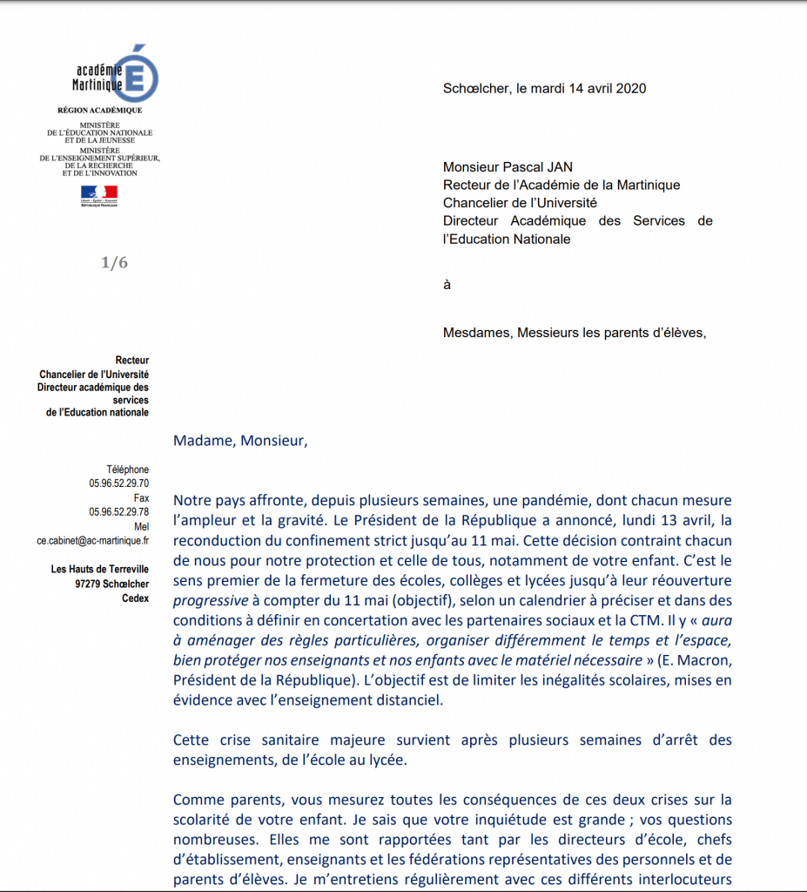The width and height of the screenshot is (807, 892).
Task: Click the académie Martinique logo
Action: (x=114, y=75)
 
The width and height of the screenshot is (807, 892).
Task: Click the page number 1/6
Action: (x=114, y=263)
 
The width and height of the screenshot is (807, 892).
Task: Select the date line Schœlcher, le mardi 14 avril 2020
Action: (x=544, y=88)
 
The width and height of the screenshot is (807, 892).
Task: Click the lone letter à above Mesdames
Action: (x=447, y=285)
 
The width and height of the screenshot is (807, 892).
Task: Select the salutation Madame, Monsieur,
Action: (x=240, y=440)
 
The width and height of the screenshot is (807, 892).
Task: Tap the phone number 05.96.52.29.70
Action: (x=118, y=483)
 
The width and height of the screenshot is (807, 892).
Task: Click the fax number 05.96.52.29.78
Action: (x=118, y=512)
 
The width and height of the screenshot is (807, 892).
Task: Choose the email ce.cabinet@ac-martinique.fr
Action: (x=92, y=540)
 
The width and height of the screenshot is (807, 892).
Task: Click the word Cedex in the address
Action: (x=135, y=598)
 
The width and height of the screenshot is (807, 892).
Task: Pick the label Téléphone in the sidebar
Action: (x=128, y=470)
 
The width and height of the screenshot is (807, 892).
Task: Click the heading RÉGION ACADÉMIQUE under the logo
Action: (x=99, y=111)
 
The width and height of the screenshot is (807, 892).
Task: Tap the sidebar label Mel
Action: (x=141, y=526)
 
